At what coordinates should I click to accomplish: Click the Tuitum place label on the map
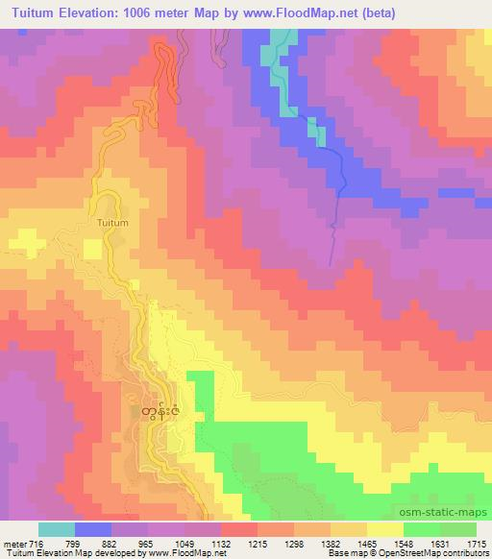coord(111,222)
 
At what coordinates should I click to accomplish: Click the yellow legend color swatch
coord(383,529)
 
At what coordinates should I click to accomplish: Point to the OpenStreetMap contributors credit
coord(432,554)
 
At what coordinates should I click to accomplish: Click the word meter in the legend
coord(13,543)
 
